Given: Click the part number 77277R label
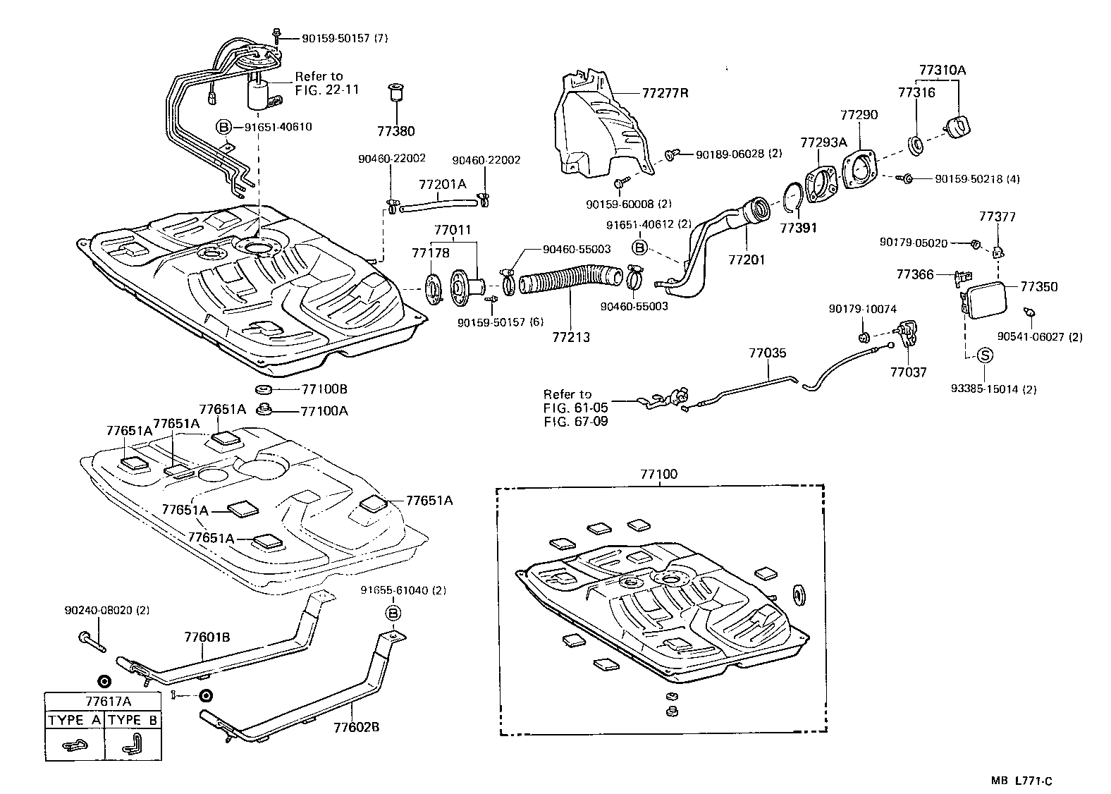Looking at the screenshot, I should click(x=665, y=92).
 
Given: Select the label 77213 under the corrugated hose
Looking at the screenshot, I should click(x=571, y=338).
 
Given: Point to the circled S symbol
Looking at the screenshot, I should click(x=985, y=356).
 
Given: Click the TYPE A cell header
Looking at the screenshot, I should click(x=75, y=721).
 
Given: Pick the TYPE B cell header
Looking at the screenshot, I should click(x=134, y=721).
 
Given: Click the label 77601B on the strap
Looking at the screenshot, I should click(x=207, y=637).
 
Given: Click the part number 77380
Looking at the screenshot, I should click(x=395, y=131).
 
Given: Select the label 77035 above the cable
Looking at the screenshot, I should click(x=768, y=353).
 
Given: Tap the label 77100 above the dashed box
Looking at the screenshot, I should click(x=658, y=475).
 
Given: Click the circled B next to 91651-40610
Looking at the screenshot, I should click(x=223, y=127).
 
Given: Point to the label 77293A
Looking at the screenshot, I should click(x=823, y=142).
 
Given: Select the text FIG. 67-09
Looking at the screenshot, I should click(x=575, y=421).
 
